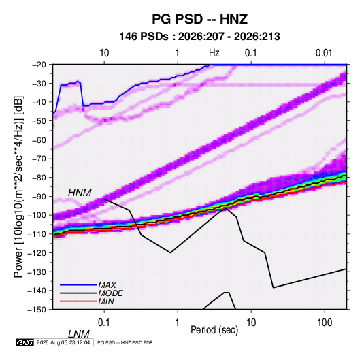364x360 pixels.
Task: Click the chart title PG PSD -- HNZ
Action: [199, 19]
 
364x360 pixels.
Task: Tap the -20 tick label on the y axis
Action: [39, 65]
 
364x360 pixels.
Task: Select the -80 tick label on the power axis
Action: [39, 178]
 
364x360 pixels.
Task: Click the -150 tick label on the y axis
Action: [37, 310]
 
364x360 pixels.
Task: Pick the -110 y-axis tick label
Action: [37, 234]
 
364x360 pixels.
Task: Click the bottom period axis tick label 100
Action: [325, 323]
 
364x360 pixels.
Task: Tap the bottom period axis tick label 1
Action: [178, 323]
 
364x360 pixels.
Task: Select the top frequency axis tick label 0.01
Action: [324, 53]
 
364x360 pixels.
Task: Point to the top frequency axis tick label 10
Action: [104, 53]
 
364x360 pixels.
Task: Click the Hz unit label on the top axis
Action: [214, 53]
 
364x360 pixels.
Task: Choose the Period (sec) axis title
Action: [214, 330]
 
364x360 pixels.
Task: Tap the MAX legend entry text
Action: [107, 284]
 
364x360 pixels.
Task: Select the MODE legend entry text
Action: [110, 293]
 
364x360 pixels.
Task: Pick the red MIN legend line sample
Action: [78, 301]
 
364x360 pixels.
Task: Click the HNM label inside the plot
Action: [80, 193]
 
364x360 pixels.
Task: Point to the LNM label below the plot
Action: [78, 334]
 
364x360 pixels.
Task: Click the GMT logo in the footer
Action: [24, 342]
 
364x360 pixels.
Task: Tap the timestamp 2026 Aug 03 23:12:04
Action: [63, 342]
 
